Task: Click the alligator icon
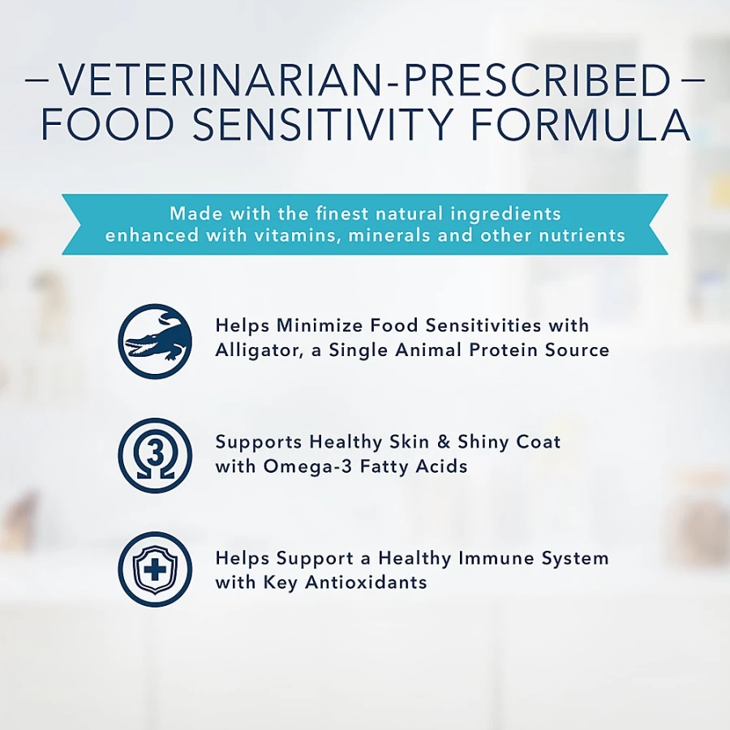point(155,341)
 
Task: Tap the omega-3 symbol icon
point(155,455)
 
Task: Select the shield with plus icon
point(155,569)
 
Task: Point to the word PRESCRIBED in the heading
point(537,81)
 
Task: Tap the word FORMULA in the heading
point(581,125)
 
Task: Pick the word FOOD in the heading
point(108,125)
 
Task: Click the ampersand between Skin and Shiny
point(444,442)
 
